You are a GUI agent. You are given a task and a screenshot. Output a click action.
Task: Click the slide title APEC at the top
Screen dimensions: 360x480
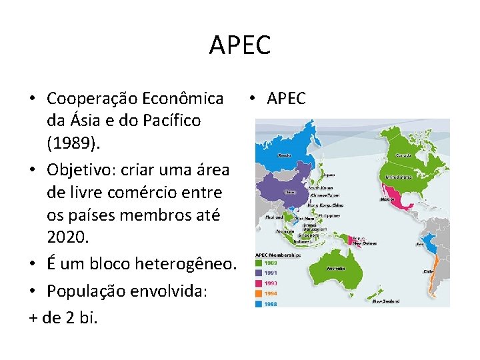click(x=239, y=45)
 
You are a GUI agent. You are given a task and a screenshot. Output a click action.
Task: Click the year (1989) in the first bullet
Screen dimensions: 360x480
click(x=72, y=145)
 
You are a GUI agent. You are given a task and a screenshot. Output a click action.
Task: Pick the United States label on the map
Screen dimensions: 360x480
click(x=401, y=178)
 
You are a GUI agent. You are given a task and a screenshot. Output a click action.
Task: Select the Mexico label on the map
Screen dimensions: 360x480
click(x=387, y=199)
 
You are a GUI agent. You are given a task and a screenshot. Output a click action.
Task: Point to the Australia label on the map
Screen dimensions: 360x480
click(x=336, y=269)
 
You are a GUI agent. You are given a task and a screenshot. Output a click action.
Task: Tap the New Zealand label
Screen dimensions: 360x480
click(x=386, y=301)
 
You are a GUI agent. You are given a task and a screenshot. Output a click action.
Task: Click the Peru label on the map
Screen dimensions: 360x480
click(x=421, y=244)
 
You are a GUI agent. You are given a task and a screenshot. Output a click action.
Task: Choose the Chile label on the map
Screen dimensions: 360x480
click(x=428, y=271)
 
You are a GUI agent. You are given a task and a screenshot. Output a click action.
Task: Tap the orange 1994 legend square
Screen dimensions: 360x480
click(x=261, y=294)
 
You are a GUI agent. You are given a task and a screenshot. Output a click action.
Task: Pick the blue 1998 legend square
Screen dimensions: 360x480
click(x=261, y=304)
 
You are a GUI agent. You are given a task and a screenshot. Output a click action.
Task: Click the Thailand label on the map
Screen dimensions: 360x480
click(x=274, y=217)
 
